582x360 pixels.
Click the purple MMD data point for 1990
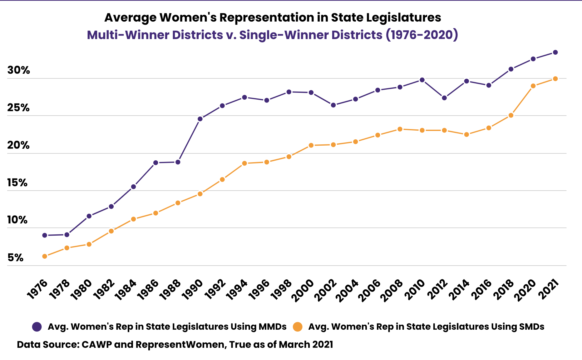[200, 119]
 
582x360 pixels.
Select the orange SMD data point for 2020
[533, 86]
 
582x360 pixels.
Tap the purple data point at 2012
[444, 98]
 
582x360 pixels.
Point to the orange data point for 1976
[45, 256]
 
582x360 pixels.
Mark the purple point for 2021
[555, 52]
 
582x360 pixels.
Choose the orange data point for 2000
[311, 145]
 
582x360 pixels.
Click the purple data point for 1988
[178, 162]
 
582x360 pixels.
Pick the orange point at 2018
[511, 115]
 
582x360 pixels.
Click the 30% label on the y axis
[19, 70]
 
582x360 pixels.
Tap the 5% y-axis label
[15, 258]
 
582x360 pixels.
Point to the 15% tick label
[17, 183]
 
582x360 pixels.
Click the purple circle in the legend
[37, 327]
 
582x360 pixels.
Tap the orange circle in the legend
[298, 327]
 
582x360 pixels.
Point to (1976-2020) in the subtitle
[422, 35]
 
